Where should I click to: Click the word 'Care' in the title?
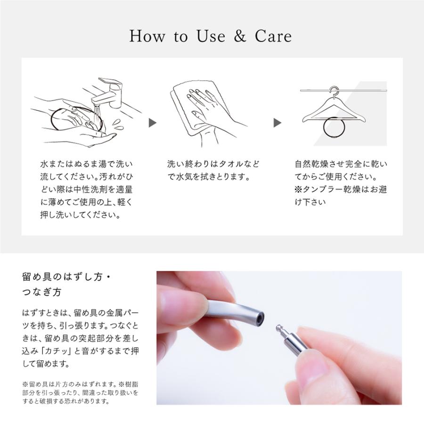click(273, 36)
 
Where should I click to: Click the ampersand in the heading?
click(240, 36)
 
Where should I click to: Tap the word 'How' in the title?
click(147, 36)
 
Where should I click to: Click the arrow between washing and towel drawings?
click(153, 123)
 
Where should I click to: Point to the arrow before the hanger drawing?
click(277, 123)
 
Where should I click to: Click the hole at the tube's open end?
click(260, 318)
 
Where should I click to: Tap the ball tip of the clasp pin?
click(278, 328)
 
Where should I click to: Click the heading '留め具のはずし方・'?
click(66, 277)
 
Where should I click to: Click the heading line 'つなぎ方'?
click(42, 292)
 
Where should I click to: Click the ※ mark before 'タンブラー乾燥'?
click(299, 189)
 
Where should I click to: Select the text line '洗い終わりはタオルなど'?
click(213, 164)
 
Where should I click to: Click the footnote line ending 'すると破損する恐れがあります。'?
click(66, 401)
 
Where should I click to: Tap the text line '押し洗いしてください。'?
click(81, 215)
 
